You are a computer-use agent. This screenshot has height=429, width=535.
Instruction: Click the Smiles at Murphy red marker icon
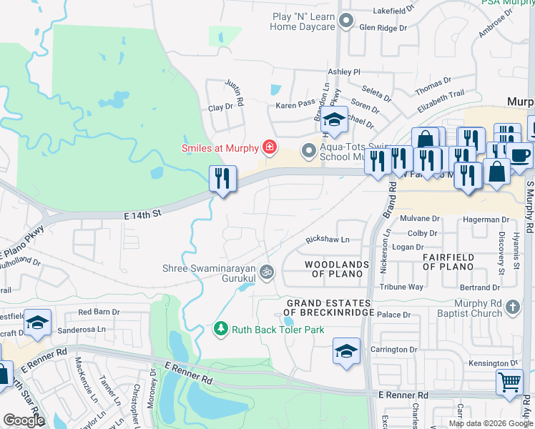click(x=270, y=148)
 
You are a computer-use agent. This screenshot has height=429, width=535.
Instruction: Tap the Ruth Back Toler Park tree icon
click(x=221, y=329)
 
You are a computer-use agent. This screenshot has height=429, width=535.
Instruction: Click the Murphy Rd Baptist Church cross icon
click(x=511, y=307)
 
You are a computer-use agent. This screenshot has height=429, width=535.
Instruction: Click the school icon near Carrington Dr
click(x=346, y=351)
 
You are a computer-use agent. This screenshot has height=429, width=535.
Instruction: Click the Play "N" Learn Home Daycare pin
click(x=347, y=21)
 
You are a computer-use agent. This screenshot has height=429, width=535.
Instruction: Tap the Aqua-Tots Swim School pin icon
click(x=308, y=150)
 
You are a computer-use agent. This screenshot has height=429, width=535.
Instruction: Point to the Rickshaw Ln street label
click(x=327, y=240)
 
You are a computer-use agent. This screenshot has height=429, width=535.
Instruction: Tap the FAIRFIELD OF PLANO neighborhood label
click(x=448, y=262)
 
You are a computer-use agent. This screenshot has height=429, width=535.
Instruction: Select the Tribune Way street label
click(x=401, y=287)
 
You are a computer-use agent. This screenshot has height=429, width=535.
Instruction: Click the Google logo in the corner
click(x=24, y=420)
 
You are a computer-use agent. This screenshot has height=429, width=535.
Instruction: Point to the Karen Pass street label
click(x=296, y=105)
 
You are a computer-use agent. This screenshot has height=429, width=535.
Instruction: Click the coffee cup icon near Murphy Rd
click(x=520, y=154)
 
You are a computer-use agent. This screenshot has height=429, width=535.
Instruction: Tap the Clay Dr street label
click(x=220, y=107)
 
